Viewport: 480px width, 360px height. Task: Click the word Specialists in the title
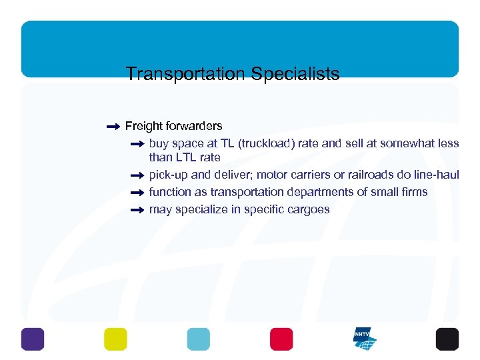tap(295, 73)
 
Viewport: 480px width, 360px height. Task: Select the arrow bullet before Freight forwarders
tap(113, 126)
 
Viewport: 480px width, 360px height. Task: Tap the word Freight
tap(143, 126)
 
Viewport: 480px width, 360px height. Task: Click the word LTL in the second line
tap(186, 158)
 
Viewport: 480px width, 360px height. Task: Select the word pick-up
tap(169, 175)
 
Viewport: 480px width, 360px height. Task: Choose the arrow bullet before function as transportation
tap(137, 193)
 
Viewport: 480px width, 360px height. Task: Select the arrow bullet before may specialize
tap(137, 210)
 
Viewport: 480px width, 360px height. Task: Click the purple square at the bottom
tap(32, 339)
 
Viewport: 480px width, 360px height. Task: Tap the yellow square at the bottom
tap(115, 339)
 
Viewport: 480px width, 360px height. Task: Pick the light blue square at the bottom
tap(198, 339)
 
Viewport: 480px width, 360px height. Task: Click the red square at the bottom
tap(281, 339)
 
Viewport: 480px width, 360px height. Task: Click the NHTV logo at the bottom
tap(365, 339)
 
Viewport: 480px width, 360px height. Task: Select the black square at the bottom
tap(447, 339)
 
